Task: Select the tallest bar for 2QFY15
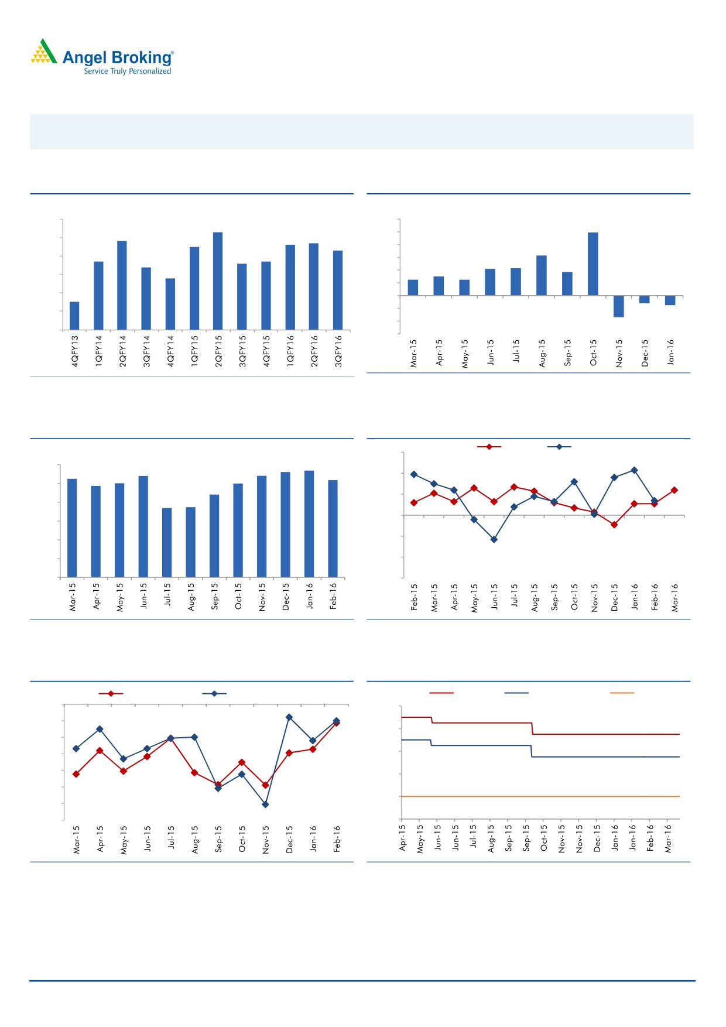click(x=218, y=281)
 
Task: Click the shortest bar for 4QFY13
click(x=74, y=316)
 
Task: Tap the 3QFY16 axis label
click(x=338, y=351)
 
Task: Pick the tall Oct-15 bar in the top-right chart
click(x=593, y=264)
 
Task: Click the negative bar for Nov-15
click(x=619, y=306)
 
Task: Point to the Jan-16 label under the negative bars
click(x=671, y=352)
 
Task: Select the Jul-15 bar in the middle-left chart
click(x=167, y=542)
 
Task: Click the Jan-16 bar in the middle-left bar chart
click(x=309, y=523)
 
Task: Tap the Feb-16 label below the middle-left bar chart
click(x=333, y=596)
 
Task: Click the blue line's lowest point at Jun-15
click(x=494, y=539)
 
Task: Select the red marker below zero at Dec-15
click(x=614, y=525)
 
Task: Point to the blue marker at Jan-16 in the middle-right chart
click(x=634, y=470)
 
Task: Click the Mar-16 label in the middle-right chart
click(x=675, y=597)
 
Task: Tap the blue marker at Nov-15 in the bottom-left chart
click(x=265, y=805)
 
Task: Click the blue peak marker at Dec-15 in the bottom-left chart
click(x=289, y=717)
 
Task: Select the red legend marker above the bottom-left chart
click(x=111, y=694)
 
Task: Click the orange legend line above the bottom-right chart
click(x=622, y=693)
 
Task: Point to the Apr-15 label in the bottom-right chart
click(x=403, y=838)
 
